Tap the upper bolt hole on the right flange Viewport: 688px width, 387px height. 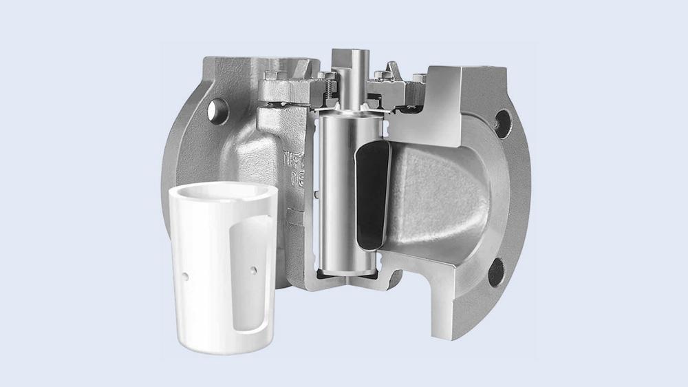503,124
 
